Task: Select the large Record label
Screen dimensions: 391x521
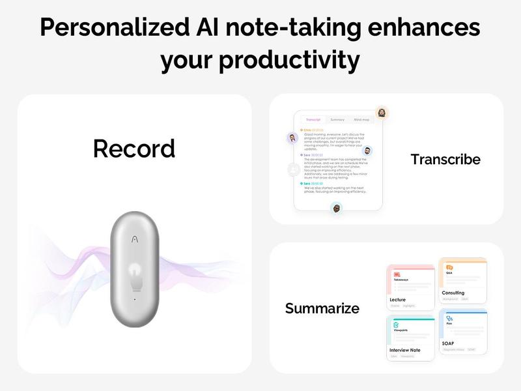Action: click(x=134, y=149)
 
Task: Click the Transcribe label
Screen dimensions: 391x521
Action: click(x=445, y=159)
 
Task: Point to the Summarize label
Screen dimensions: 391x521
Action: click(x=322, y=308)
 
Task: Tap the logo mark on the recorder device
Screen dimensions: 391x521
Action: click(x=134, y=239)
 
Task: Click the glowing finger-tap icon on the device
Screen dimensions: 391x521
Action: click(x=134, y=273)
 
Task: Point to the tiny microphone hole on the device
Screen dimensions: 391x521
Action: click(x=134, y=299)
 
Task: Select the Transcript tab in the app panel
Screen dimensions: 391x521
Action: click(x=313, y=120)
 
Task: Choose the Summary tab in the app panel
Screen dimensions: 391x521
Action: click(x=337, y=120)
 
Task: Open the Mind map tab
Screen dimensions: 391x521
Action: click(x=361, y=120)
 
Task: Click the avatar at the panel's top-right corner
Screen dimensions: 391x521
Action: click(x=382, y=113)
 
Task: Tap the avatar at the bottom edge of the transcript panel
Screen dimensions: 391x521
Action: click(x=337, y=209)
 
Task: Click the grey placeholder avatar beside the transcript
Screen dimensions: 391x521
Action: click(x=294, y=169)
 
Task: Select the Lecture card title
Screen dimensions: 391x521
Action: click(x=397, y=300)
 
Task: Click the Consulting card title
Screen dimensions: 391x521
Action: click(x=453, y=293)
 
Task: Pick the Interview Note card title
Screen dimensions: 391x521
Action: click(x=404, y=350)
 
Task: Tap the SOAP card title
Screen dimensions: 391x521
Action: click(x=448, y=343)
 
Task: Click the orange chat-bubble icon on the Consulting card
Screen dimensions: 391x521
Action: click(x=449, y=268)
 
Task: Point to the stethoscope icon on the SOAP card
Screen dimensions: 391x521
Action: click(x=449, y=319)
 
